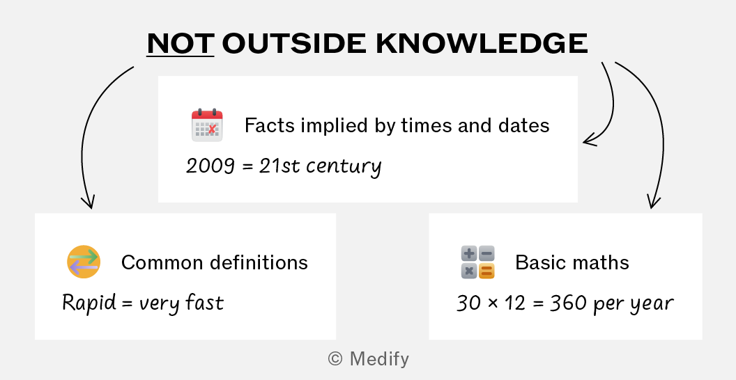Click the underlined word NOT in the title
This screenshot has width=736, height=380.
[x=181, y=43]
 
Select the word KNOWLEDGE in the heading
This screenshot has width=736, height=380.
[x=482, y=43]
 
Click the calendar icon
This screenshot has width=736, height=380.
[x=207, y=125]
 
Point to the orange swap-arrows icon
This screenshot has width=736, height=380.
[x=84, y=262]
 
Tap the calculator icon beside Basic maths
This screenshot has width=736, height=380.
[x=478, y=262]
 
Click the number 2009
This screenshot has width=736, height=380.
[x=210, y=166]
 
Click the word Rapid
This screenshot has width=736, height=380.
[x=89, y=303]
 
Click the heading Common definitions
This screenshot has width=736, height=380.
[x=215, y=262]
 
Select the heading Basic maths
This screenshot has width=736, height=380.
[x=572, y=262]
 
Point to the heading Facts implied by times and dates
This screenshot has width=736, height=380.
[x=397, y=125]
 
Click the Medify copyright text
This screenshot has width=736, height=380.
[x=369, y=359]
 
